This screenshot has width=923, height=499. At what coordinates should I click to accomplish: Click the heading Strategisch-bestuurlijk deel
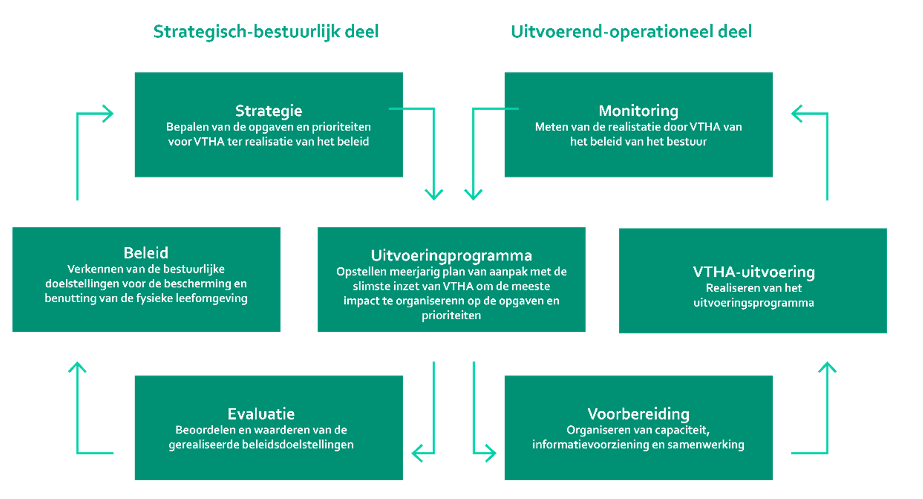[x=265, y=32]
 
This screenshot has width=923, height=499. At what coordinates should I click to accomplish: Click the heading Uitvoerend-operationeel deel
[x=631, y=32]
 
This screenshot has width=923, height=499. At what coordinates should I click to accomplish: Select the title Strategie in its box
[x=268, y=111]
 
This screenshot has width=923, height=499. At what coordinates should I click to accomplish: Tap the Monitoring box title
[x=638, y=111]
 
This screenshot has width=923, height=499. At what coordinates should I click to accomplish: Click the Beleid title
[x=146, y=253]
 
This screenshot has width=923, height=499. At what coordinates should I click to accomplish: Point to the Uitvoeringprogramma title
[x=451, y=255]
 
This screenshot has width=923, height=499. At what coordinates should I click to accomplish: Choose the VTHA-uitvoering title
[x=753, y=272]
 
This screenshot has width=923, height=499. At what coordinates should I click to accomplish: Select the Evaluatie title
[x=261, y=414]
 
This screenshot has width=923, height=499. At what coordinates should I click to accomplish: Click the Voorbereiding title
[x=638, y=414]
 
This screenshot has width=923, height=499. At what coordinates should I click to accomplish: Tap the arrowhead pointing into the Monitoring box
[x=796, y=114]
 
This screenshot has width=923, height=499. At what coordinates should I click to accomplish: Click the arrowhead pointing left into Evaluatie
[x=416, y=453]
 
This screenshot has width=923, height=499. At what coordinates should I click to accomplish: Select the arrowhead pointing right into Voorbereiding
[x=491, y=453]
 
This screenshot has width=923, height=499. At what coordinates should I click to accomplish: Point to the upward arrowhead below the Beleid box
[x=77, y=366]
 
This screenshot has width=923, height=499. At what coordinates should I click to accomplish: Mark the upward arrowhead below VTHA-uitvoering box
[x=827, y=366]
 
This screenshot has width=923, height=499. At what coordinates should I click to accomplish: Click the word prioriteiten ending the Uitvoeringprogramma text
[x=451, y=316]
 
